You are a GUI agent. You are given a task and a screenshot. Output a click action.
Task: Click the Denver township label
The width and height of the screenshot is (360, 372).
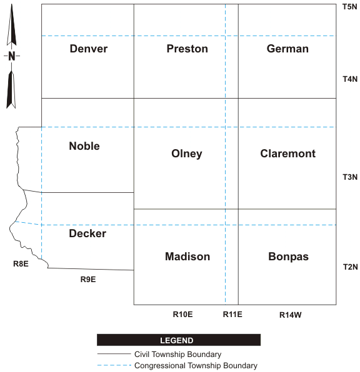pos(89,49)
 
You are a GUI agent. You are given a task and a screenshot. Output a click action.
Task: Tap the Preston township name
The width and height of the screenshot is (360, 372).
pos(187,49)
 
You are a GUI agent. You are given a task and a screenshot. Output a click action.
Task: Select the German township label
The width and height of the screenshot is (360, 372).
pos(287,49)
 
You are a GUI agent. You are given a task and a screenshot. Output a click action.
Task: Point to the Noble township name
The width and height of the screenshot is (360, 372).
pos(84,146)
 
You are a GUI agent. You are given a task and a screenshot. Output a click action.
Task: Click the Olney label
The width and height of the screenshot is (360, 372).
pos(187,154)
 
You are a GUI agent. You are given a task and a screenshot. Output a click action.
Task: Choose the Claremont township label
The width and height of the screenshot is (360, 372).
pos(287,154)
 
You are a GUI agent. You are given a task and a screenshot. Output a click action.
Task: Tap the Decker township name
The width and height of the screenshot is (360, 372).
pos(87,233)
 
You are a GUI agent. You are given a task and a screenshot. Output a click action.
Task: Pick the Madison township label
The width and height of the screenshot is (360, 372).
pos(187,257)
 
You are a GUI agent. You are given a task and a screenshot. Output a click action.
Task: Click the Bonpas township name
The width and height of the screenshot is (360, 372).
pos(288,257)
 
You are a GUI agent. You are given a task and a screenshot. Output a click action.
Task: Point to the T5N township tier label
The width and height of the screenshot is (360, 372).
pos(350,7)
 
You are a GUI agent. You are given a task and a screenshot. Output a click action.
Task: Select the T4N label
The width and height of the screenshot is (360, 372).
pos(350,79)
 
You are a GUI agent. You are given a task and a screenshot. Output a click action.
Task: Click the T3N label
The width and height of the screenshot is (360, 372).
pos(350,177)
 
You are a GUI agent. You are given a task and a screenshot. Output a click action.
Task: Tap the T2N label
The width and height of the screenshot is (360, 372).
pos(351,267)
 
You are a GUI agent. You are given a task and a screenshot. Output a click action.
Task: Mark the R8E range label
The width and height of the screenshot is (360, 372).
pos(21,263)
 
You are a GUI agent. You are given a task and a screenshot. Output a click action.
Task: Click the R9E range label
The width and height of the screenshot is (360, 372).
pos(88,279)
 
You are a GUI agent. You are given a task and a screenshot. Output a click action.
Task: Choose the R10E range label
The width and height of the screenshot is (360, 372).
pos(182,315)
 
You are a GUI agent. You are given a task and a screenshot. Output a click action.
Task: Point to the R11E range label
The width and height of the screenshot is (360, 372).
pos(232,315)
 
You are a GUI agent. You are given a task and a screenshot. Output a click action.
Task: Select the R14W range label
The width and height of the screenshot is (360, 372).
pos(291,315)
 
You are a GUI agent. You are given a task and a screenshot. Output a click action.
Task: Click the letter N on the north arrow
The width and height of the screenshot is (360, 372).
pos(12,56)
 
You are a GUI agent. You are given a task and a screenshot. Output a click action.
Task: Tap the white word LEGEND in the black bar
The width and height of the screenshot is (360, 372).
pos(176,340)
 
